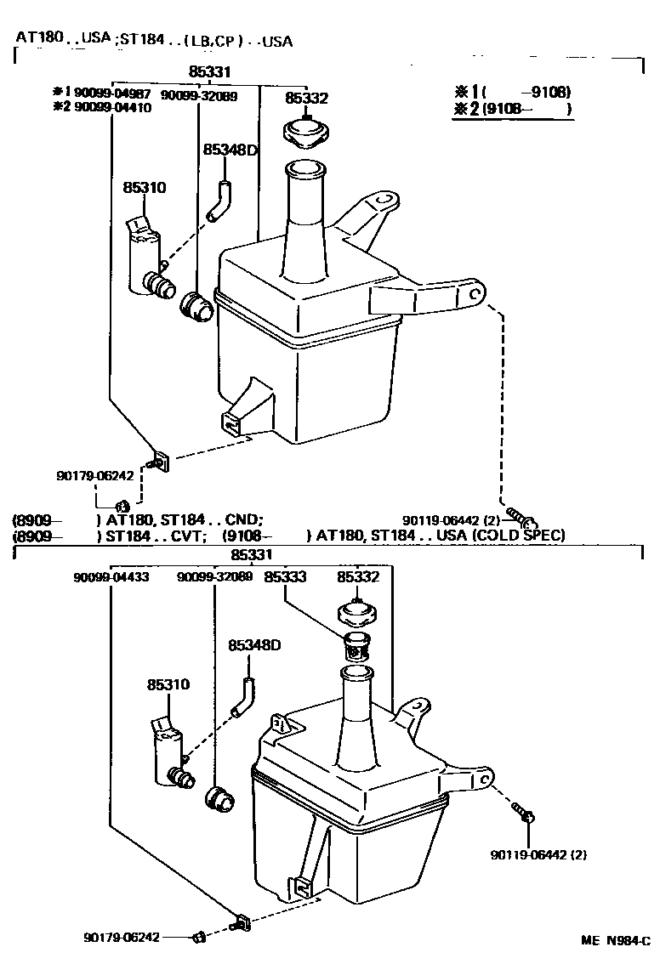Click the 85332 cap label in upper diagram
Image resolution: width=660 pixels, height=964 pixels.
click(306, 99)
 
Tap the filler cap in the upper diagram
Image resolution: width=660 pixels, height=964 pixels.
click(306, 133)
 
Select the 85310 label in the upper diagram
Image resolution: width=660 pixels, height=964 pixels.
click(145, 187)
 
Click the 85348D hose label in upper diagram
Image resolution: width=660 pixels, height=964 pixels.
click(230, 150)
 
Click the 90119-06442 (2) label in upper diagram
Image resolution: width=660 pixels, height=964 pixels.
click(451, 520)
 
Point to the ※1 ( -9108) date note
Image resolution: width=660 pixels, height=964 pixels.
click(513, 92)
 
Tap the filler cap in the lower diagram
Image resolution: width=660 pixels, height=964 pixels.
click(357, 612)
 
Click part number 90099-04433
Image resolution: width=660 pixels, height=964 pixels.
click(111, 577)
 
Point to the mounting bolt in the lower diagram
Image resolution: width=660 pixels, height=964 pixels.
click(525, 814)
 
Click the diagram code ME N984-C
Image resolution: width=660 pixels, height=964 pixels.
click(615, 941)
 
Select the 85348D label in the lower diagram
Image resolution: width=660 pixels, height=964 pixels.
click(254, 645)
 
